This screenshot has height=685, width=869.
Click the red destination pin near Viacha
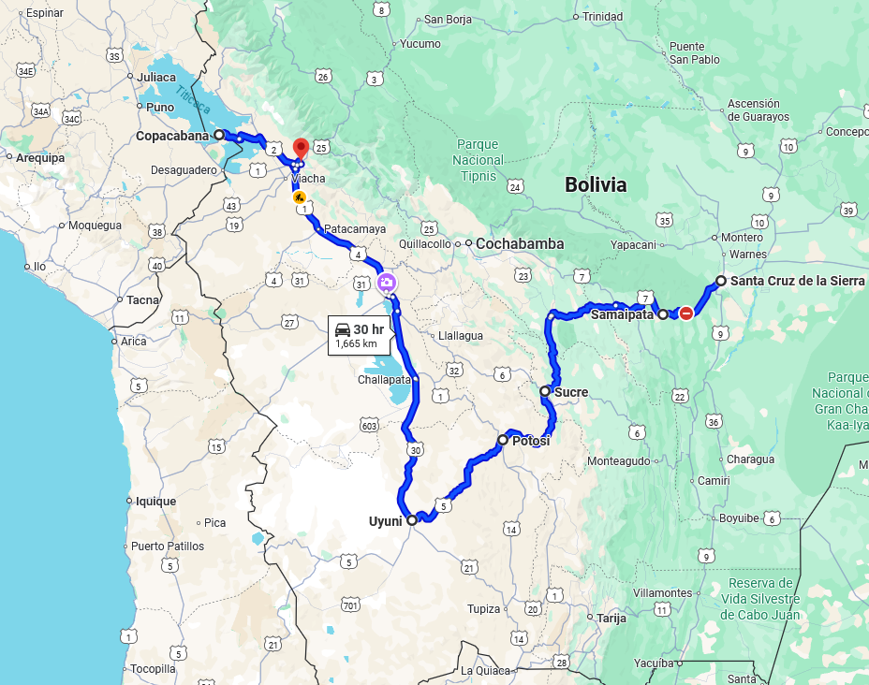click(301, 148)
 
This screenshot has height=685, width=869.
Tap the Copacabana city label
click(172, 136)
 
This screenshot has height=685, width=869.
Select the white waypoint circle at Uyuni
click(412, 519)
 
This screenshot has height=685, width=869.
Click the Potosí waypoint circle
click(503, 440)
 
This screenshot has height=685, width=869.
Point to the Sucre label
click(571, 392)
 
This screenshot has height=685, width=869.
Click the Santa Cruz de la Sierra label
click(798, 281)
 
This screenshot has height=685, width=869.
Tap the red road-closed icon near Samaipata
click(686, 313)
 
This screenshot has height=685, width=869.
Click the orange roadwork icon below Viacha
click(299, 197)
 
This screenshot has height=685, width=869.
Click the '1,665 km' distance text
click(356, 343)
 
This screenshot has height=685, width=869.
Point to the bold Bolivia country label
click(596, 185)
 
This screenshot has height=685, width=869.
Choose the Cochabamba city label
click(520, 244)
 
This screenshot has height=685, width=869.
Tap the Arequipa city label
click(40, 158)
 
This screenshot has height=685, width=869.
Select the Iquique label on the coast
click(155, 502)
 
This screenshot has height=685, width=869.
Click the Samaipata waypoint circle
click(663, 314)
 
